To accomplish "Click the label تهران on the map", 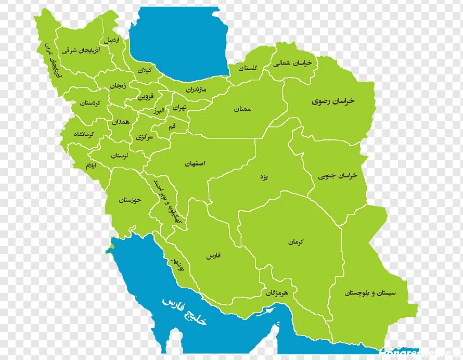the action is [x=179, y=108].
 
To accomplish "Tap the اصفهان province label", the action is [x=195, y=163].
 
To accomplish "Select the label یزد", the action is [x=264, y=177].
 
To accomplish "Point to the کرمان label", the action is [x=295, y=242].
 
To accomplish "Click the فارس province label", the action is [x=213, y=256].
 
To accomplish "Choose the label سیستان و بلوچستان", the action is [x=370, y=293].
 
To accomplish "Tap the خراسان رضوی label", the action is [x=333, y=101].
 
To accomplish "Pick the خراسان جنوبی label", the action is [x=338, y=176].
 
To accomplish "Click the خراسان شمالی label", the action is [x=293, y=62].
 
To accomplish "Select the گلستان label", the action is [x=248, y=68].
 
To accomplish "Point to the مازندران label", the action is [x=196, y=89].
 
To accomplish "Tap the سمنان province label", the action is [x=242, y=109].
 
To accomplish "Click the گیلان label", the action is [x=144, y=70].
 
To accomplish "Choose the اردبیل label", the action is [x=112, y=40].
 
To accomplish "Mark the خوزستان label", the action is [x=130, y=200].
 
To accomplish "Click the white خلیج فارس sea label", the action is [x=184, y=311].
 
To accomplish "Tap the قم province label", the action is [x=172, y=126].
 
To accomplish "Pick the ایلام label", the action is [x=91, y=165].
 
